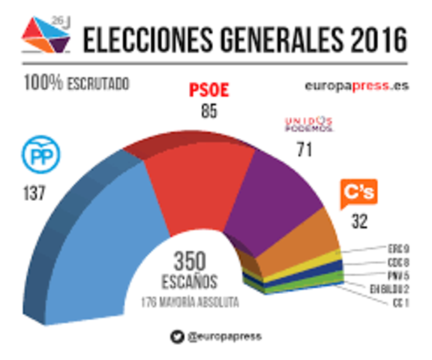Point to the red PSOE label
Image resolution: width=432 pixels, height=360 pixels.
tap(207, 91)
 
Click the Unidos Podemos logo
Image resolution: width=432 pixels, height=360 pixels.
tap(307, 123)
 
